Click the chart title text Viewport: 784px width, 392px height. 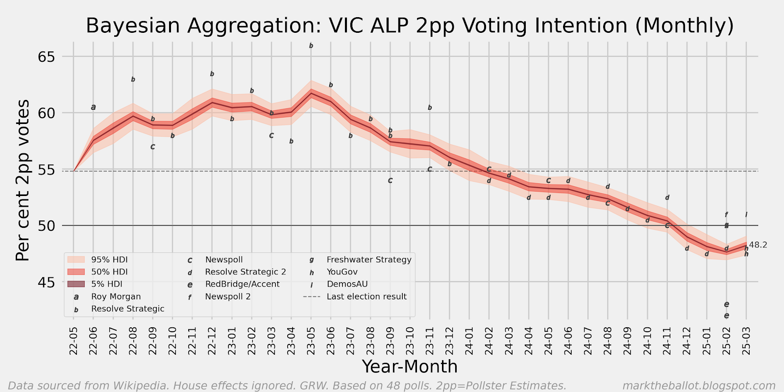[410, 25]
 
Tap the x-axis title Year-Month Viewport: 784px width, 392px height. [410, 367]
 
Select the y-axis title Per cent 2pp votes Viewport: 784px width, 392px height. [23, 180]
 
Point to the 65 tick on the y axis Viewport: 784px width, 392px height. [47, 57]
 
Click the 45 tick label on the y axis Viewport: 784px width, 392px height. [47, 282]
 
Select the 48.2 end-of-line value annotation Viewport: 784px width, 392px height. [758, 245]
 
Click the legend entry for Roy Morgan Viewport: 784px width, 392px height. [116, 296]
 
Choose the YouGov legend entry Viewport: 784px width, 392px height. [342, 272]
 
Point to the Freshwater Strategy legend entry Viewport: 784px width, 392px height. [368, 260]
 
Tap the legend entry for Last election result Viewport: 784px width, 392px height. [367, 296]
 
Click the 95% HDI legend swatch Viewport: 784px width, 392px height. [76, 260]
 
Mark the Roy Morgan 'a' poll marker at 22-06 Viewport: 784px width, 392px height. [93, 107]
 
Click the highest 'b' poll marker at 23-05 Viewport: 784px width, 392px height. [311, 46]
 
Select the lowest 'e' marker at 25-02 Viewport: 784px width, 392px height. [726, 316]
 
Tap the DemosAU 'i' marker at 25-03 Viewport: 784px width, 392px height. [746, 215]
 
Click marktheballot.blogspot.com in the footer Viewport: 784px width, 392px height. [699, 386]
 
